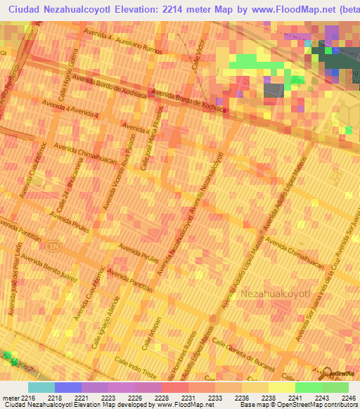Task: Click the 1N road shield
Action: pos(53,246)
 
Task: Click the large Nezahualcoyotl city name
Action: pos(276,293)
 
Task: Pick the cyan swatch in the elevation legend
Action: pos(41,387)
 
